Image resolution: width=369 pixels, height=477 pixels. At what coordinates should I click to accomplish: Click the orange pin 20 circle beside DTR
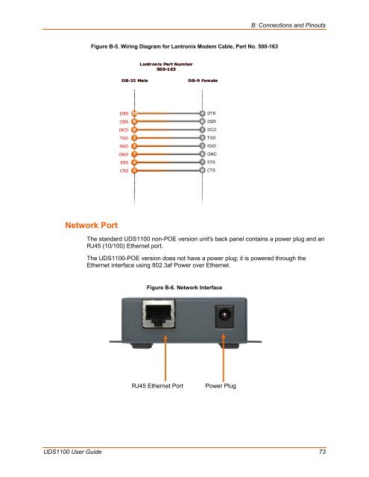coord(134,113)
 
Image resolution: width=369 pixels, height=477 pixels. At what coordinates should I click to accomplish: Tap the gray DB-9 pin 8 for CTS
coord(203,171)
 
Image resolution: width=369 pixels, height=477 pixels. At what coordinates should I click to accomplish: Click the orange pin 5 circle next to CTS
coord(134,171)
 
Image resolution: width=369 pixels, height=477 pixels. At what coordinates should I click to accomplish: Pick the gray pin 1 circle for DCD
coord(203,130)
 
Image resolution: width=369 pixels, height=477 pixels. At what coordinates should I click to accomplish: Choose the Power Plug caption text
coord(221,407)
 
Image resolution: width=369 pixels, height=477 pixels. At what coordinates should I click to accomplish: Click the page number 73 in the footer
coord(322,452)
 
